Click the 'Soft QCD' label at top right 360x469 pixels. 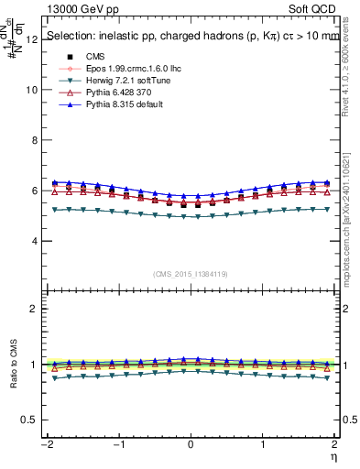click(x=314, y=8)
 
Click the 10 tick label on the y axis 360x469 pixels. click(x=31, y=91)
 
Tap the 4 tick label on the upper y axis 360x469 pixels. click(x=34, y=242)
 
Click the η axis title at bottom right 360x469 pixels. click(x=334, y=455)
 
